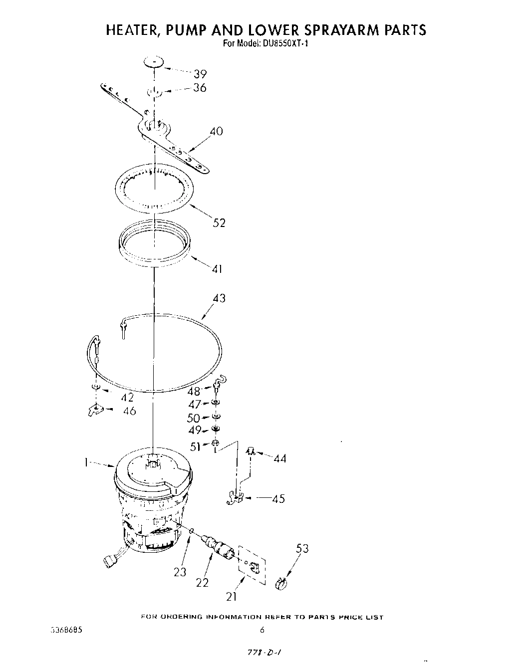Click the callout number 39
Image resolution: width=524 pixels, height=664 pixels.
click(200, 74)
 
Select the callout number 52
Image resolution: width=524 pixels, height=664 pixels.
click(219, 222)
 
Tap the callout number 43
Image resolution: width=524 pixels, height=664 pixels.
click(219, 298)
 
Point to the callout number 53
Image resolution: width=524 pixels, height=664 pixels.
click(302, 549)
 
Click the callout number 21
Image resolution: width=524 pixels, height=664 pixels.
click(231, 596)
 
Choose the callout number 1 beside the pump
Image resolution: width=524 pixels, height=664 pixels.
click(86, 463)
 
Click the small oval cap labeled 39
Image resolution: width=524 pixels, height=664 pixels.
click(154, 62)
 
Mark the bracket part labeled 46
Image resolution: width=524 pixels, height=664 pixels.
click(93, 410)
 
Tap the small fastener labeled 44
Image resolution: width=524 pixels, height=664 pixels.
click(251, 451)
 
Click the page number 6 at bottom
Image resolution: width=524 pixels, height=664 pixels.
click(262, 630)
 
